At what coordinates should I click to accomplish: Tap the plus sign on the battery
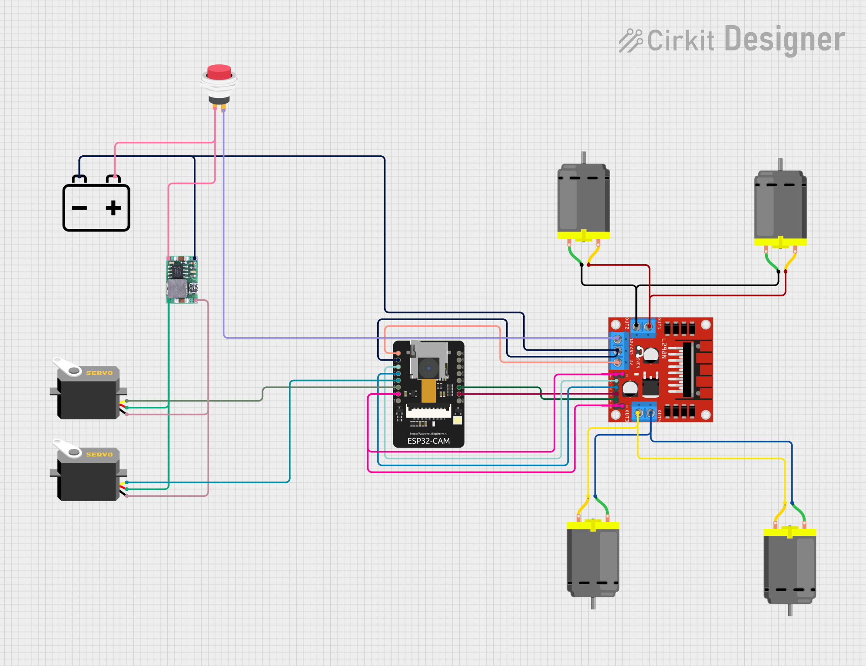(113, 208)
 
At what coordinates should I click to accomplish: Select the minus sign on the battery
(80, 208)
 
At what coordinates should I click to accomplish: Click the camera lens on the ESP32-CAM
(429, 368)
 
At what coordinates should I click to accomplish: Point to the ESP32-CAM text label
(428, 441)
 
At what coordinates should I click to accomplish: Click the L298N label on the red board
(664, 348)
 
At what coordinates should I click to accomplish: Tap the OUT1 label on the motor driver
(659, 323)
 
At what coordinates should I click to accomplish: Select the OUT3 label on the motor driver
(627, 416)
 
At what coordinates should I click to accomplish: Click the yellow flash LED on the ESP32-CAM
(457, 420)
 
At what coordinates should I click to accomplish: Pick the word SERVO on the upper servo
(99, 373)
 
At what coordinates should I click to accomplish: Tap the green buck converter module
(182, 280)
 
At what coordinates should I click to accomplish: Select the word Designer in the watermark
(785, 40)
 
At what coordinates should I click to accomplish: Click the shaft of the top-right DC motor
(780, 164)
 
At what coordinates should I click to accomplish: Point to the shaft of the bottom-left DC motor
(593, 603)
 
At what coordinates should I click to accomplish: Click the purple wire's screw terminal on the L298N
(617, 338)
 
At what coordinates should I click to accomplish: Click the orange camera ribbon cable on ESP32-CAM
(428, 390)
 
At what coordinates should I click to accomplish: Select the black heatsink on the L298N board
(687, 370)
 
